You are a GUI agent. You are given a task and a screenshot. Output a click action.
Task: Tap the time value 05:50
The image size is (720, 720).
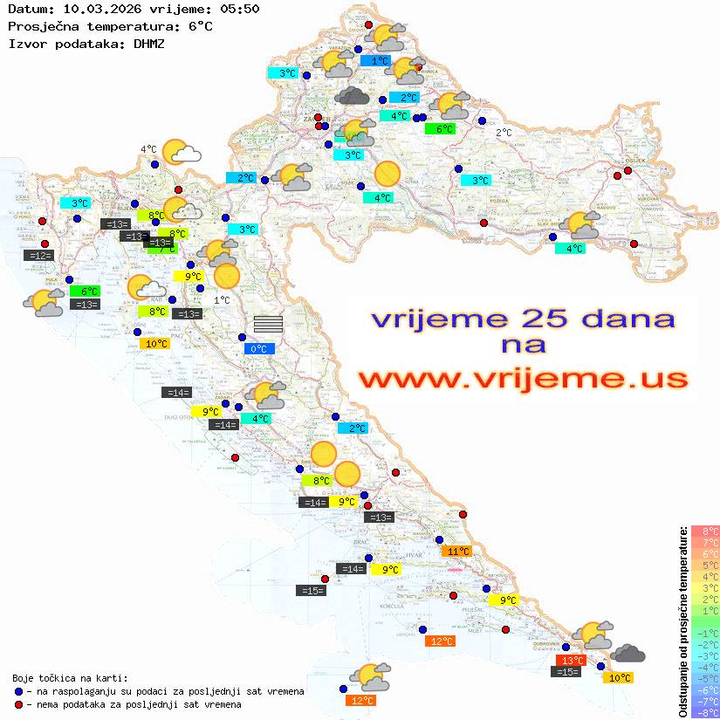[238, 10]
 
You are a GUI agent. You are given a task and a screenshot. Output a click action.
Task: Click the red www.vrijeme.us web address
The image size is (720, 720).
[523, 379]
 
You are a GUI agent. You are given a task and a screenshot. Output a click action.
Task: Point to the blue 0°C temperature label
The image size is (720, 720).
[259, 349]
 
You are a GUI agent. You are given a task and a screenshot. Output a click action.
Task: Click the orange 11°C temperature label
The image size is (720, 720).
[457, 551]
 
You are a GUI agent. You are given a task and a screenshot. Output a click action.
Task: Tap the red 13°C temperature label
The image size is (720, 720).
[571, 661]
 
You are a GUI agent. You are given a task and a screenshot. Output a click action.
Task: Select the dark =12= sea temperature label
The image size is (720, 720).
[39, 255]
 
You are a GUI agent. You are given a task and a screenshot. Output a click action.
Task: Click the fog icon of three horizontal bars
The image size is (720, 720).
[268, 324]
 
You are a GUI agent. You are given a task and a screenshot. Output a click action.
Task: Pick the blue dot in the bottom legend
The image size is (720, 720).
[17, 691]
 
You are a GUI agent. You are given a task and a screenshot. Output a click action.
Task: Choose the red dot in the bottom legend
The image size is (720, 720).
[17, 704]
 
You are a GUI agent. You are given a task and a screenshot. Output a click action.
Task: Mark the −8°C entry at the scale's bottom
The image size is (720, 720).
[705, 712]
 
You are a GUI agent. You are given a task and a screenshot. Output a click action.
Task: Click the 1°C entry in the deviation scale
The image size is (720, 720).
[705, 610]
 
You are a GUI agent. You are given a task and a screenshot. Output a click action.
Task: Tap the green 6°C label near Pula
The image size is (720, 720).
[87, 291]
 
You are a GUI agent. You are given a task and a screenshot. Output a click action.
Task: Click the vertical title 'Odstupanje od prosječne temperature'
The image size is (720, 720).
[683, 621]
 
